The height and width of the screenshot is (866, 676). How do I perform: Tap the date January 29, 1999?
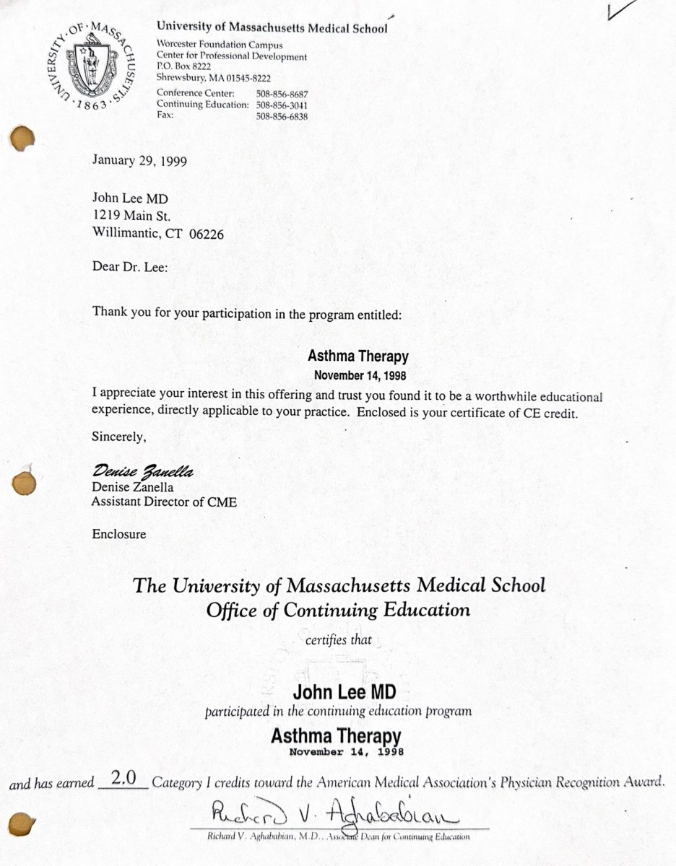[x=139, y=160]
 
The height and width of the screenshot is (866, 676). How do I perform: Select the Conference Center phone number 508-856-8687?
[x=282, y=94]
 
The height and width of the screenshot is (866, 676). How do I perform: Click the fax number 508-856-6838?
[x=282, y=116]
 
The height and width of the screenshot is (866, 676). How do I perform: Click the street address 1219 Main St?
[x=131, y=215]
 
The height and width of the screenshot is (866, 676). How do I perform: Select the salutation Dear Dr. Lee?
[x=130, y=266]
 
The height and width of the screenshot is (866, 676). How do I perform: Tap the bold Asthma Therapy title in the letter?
[x=357, y=357]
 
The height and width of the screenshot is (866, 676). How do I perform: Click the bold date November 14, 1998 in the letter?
[x=357, y=375]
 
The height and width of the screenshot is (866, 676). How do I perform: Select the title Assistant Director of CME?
[x=164, y=502]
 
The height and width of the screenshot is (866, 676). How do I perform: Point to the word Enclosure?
[x=119, y=535]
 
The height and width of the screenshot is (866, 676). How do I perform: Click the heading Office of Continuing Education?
[x=338, y=611]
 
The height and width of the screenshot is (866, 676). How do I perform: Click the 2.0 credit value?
[x=122, y=780]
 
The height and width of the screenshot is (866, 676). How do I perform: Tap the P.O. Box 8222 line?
[x=184, y=66]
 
